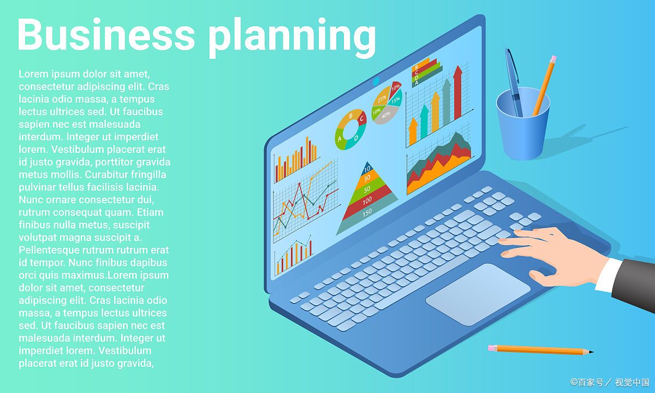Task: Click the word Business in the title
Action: (x=106, y=34)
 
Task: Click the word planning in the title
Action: (x=292, y=38)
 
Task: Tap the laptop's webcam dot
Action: (x=376, y=81)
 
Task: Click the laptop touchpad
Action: (x=478, y=294)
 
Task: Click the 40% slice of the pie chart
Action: (x=386, y=115)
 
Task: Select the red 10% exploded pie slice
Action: (x=396, y=87)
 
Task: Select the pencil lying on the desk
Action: (x=540, y=350)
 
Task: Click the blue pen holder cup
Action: (x=523, y=124)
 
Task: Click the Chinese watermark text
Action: (x=610, y=382)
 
